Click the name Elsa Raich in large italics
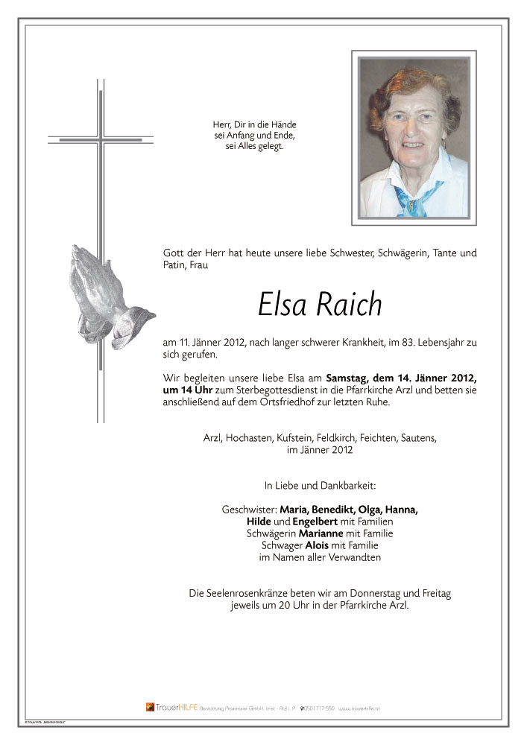point(320,304)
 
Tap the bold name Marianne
point(322,533)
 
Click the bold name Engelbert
point(319,521)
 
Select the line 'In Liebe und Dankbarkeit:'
point(320,486)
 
